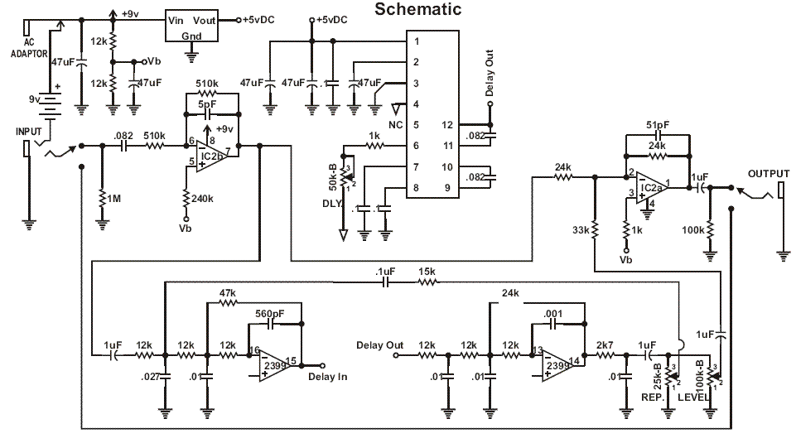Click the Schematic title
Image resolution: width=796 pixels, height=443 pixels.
(x=417, y=8)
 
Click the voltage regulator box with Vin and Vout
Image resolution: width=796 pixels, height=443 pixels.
(x=191, y=26)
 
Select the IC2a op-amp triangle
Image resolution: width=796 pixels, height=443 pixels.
(x=653, y=187)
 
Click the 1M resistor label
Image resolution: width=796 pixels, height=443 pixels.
(x=113, y=199)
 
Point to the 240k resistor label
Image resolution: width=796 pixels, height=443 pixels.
(x=202, y=199)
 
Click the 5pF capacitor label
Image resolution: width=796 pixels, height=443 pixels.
(x=207, y=104)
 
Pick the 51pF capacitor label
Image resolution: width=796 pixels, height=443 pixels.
(x=658, y=125)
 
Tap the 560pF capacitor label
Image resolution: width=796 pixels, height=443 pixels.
(x=269, y=314)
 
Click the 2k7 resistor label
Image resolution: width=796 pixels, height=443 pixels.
(x=605, y=345)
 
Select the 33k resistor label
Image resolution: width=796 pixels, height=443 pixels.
(x=581, y=230)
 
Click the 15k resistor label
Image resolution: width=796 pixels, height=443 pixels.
(x=427, y=272)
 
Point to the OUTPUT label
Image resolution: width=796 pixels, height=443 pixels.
(x=769, y=174)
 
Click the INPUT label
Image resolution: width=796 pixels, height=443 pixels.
(x=28, y=132)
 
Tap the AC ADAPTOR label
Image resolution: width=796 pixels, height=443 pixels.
(x=29, y=48)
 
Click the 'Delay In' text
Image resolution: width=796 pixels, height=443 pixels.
(x=328, y=377)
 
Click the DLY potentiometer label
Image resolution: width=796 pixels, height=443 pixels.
(x=332, y=204)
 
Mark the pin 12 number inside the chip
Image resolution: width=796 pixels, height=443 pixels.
(x=447, y=125)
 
